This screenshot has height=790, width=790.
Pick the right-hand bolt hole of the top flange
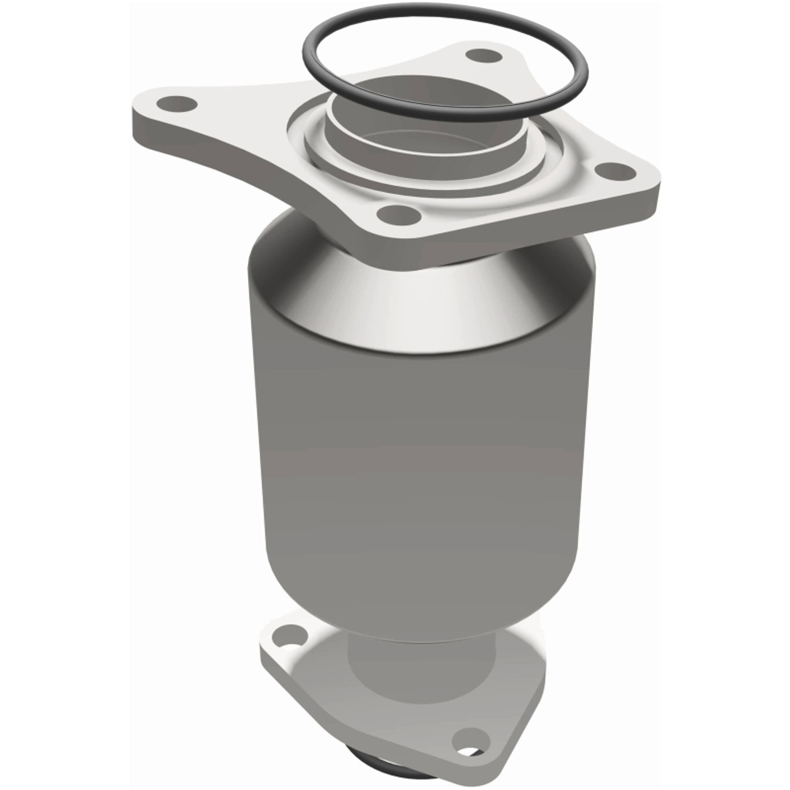point(613,172)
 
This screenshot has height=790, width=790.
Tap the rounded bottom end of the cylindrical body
point(420,592)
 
